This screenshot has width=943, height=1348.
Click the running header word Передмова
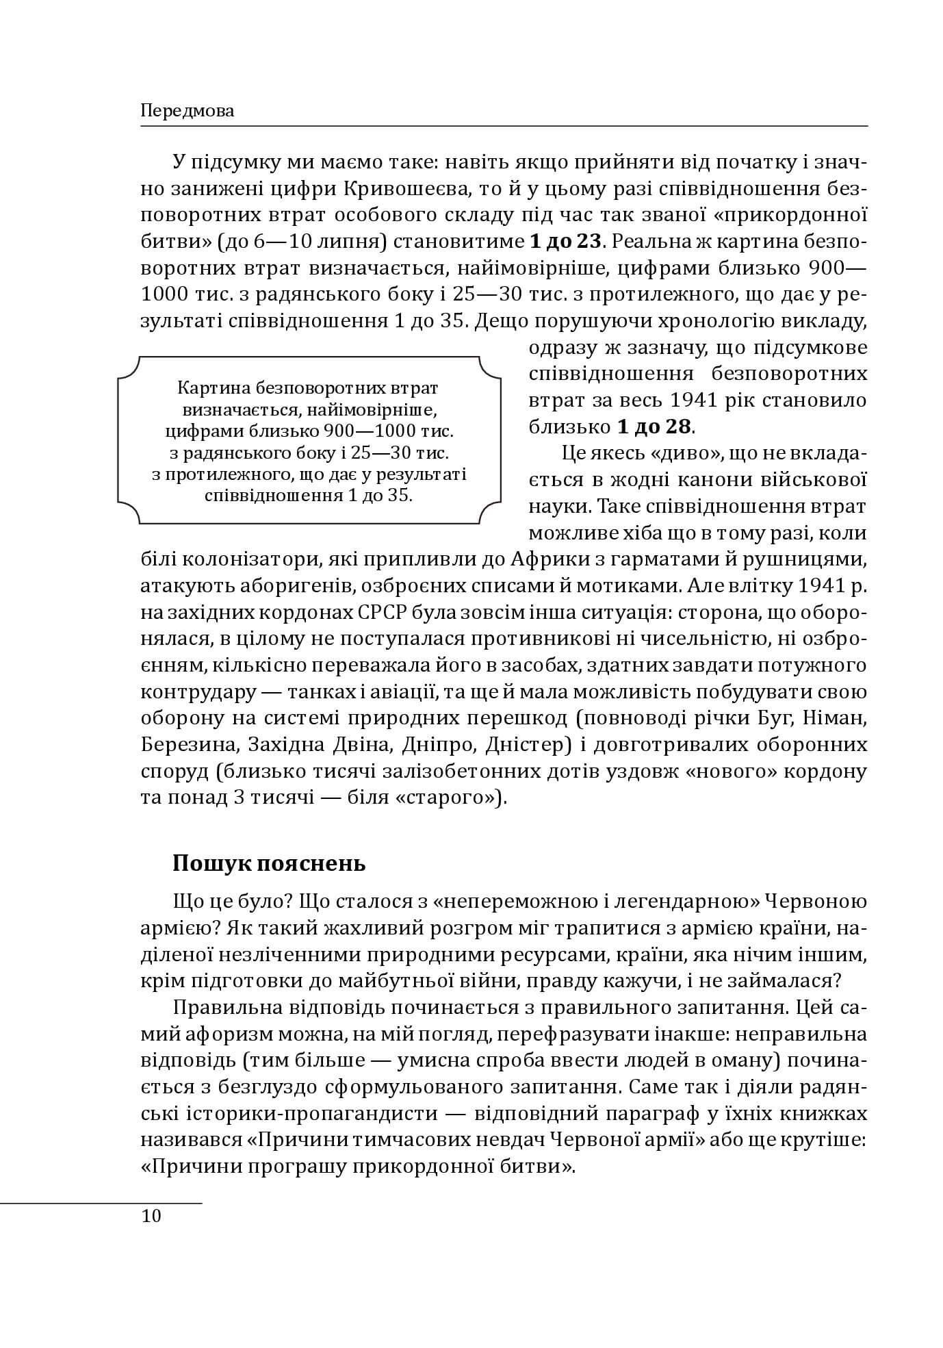point(187,111)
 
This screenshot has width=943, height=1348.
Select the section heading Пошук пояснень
point(269,863)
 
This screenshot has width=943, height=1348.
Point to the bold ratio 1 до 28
point(654,427)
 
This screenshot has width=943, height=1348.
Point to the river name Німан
point(837,718)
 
